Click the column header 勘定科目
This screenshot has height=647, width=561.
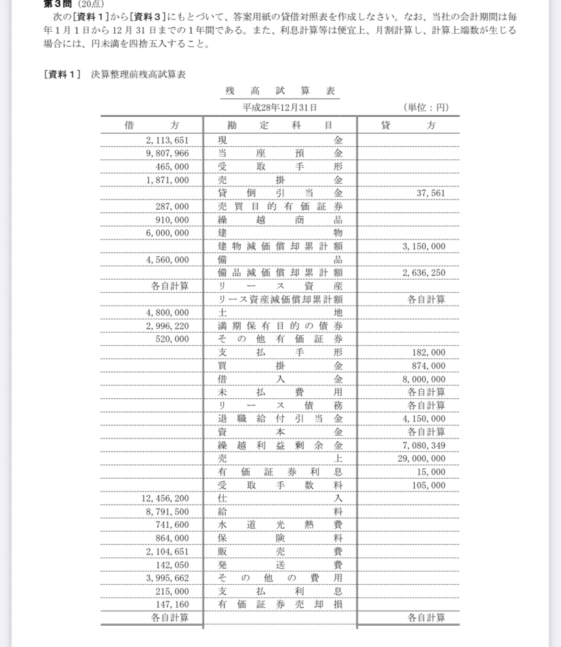(280, 126)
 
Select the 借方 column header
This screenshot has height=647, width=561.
(151, 126)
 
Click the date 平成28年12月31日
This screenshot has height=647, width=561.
(280, 108)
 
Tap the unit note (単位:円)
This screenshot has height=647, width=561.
(425, 108)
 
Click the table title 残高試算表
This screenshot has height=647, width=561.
(280, 92)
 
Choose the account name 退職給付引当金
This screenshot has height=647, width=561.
(280, 418)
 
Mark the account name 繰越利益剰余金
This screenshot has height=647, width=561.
(280, 445)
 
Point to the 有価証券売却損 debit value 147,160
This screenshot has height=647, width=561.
(171, 604)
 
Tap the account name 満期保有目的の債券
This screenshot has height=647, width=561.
(280, 325)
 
